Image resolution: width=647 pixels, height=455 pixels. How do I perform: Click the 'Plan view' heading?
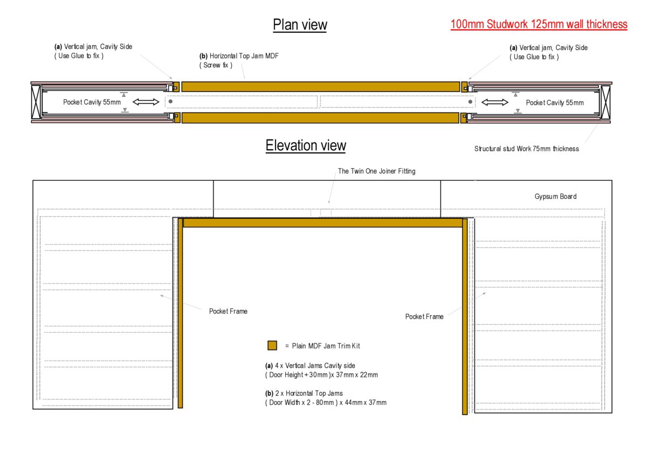click(300, 25)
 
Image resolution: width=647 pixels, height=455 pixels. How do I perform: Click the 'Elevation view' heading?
click(306, 145)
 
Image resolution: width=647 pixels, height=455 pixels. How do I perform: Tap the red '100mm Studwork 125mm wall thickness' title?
click(539, 24)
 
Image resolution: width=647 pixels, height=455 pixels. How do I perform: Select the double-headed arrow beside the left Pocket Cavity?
click(146, 102)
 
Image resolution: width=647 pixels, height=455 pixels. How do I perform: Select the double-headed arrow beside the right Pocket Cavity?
click(495, 102)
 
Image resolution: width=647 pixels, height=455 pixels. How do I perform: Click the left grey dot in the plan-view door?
click(170, 102)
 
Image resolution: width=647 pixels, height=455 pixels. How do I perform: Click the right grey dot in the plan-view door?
click(470, 102)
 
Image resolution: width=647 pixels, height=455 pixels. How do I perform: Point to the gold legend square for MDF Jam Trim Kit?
click(272, 345)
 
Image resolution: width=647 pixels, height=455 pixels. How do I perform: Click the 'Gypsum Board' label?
click(555, 197)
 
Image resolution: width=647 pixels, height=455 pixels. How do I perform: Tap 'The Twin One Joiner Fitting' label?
click(377, 171)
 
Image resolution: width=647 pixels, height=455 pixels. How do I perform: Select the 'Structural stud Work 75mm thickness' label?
click(527, 149)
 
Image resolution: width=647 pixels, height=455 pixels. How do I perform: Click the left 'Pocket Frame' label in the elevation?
click(228, 311)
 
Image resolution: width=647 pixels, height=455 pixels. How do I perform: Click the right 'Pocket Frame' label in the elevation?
click(424, 317)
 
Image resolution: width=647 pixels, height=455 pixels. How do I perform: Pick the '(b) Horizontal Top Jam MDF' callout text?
click(239, 55)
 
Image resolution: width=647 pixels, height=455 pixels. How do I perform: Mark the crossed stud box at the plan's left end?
click(36, 102)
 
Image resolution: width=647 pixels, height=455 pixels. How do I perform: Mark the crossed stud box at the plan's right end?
click(605, 102)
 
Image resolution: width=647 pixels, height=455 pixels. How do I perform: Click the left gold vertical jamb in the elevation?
click(180, 313)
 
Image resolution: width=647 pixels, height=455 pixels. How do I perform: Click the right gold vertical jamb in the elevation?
click(465, 317)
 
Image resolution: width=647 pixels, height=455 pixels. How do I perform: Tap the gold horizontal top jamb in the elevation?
click(323, 223)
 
